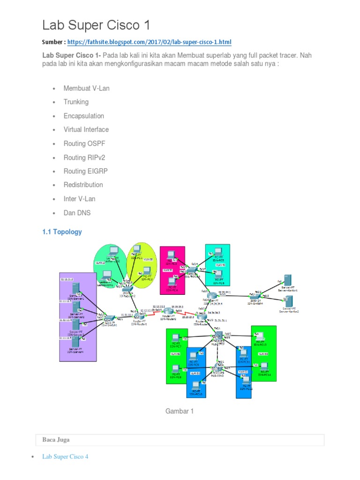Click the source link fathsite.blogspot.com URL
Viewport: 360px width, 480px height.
(149, 42)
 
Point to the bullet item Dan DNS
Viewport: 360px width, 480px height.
(77, 213)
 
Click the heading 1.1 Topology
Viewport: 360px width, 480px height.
(62, 232)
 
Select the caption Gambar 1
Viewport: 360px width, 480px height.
(180, 411)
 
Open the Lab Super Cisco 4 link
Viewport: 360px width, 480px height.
(65, 456)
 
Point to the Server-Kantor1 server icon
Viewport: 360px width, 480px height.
(287, 283)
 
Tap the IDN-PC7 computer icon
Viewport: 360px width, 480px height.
(176, 337)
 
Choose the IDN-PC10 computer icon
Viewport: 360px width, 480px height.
(196, 385)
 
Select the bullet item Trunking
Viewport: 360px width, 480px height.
(76, 102)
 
